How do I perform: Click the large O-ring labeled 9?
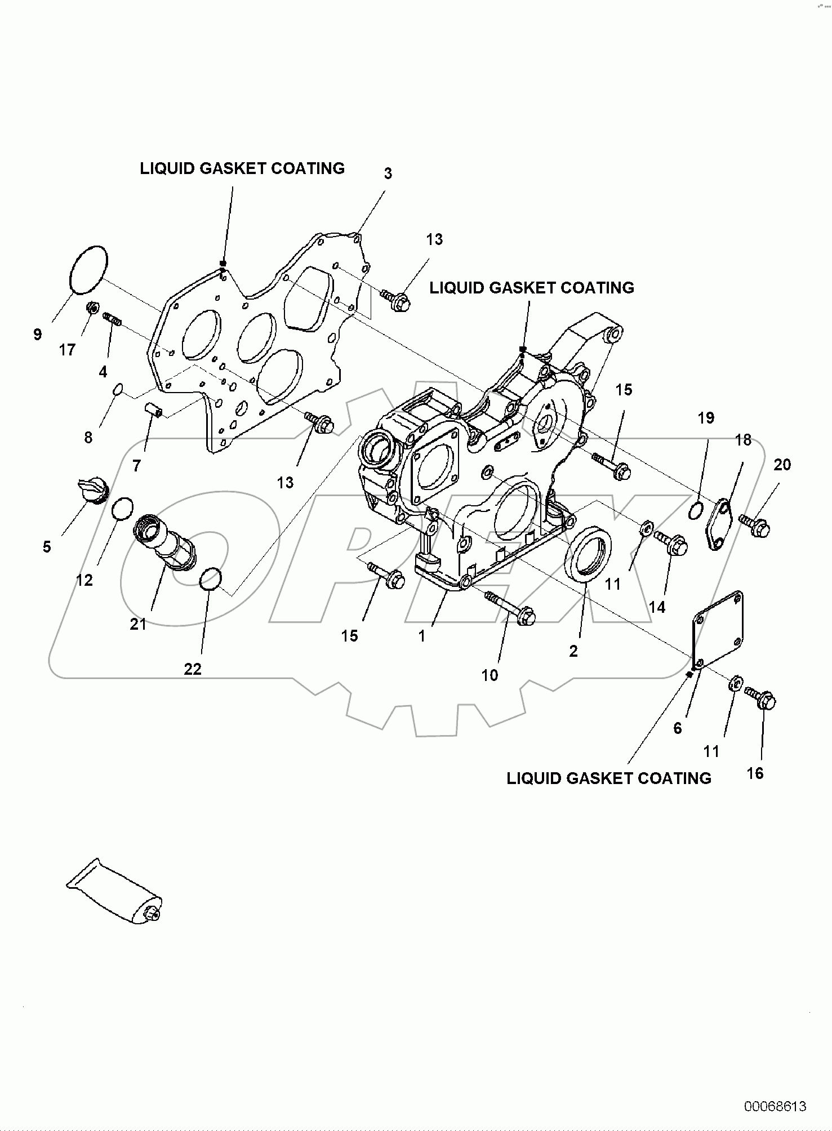click(88, 270)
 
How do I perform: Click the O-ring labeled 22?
click(211, 580)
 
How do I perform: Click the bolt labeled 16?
click(761, 697)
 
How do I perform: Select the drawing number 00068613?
click(775, 1106)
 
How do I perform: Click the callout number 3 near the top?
click(388, 173)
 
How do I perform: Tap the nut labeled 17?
click(93, 308)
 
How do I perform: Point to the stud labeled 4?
click(113, 320)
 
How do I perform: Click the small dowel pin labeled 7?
click(154, 409)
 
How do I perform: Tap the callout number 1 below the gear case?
click(422, 636)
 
